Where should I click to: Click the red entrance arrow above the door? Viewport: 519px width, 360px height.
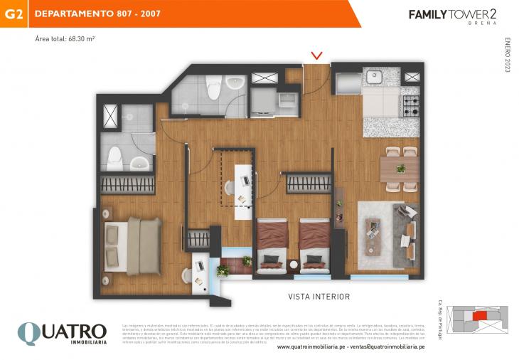click(317, 55)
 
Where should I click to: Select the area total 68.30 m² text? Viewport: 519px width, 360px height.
click(65, 38)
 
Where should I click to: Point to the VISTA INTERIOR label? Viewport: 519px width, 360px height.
click(319, 297)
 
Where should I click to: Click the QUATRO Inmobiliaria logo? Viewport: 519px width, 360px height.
click(62, 333)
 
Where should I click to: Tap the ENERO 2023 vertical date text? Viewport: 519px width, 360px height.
click(508, 55)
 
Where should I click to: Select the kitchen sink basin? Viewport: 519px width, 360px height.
click(374, 77)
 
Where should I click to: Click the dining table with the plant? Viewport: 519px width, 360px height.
click(400, 169)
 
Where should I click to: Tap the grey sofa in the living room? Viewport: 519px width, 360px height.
click(407, 235)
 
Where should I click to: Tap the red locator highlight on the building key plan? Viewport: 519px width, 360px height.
click(481, 314)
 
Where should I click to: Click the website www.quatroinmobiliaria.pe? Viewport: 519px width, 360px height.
click(312, 347)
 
